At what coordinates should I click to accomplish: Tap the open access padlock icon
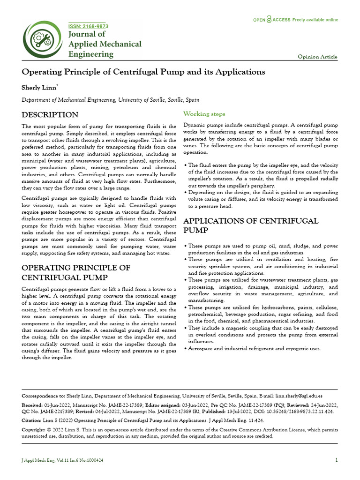click(269, 20)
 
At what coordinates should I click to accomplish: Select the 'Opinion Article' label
click(317, 57)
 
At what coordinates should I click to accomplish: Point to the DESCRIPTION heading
click(50, 115)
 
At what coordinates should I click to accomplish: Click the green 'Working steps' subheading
click(204, 114)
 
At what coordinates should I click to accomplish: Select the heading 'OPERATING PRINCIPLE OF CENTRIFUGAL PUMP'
click(76, 272)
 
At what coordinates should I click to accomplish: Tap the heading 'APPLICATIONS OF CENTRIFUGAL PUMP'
click(250, 226)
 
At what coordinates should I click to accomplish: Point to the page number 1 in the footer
click(337, 460)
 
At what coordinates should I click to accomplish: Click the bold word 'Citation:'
click(34, 420)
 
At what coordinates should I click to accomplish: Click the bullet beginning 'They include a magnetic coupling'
click(262, 335)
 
